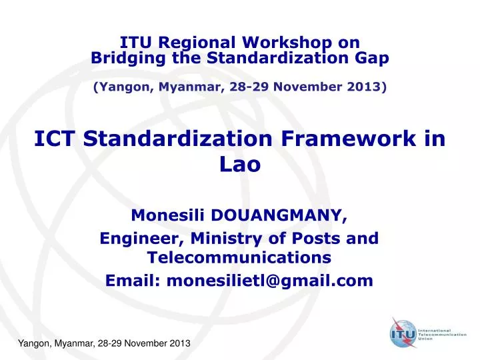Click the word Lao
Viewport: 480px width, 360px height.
click(239, 164)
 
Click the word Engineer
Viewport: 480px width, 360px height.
click(141, 237)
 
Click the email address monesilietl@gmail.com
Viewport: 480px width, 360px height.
click(269, 281)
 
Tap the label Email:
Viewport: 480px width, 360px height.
click(133, 281)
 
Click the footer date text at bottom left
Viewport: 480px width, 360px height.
click(103, 342)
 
